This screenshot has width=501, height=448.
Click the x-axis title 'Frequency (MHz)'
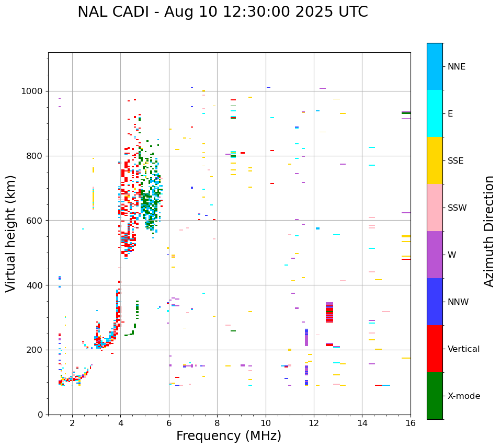(x=229, y=436)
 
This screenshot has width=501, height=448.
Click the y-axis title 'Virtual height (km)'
(x=11, y=233)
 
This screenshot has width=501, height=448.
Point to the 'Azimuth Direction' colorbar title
(x=489, y=231)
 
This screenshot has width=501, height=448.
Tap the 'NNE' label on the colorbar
(x=456, y=67)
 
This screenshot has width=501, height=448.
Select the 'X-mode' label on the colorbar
(x=463, y=396)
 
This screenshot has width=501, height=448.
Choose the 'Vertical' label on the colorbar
(x=463, y=349)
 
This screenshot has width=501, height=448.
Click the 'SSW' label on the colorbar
(x=457, y=208)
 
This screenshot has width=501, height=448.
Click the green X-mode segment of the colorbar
(x=435, y=396)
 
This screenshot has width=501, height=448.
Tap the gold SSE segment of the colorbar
(x=435, y=160)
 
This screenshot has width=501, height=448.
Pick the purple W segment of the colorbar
(x=435, y=255)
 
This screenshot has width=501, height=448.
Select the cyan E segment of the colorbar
(x=435, y=113)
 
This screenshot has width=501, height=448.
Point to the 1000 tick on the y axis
(x=34, y=91)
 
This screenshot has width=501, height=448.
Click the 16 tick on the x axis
(x=411, y=423)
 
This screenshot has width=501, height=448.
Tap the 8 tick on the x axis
(x=217, y=423)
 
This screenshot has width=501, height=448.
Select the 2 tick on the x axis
(x=72, y=423)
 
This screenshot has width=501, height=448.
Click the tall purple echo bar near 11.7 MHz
(x=306, y=337)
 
